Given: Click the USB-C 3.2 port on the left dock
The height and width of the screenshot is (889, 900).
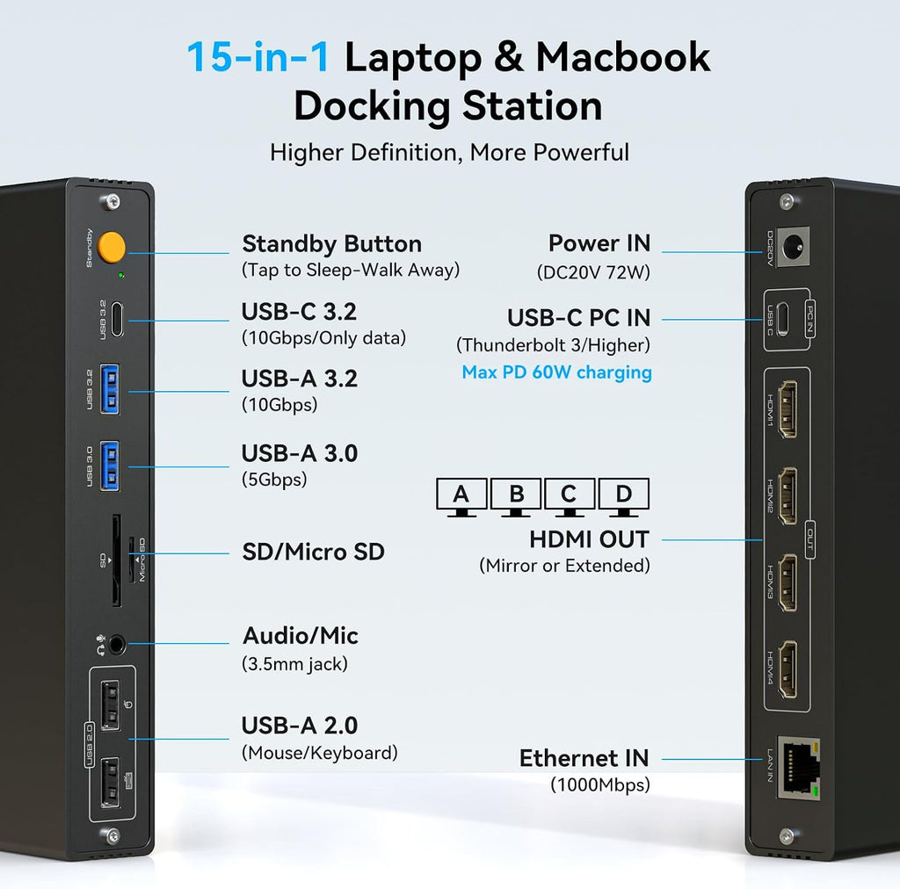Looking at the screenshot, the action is pyautogui.click(x=117, y=320).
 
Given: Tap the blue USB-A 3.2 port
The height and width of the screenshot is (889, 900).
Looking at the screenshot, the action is pyautogui.click(x=110, y=389).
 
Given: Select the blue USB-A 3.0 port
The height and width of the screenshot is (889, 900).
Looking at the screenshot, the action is pyautogui.click(x=110, y=466).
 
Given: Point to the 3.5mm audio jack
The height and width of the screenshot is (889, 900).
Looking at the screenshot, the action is pyautogui.click(x=117, y=646).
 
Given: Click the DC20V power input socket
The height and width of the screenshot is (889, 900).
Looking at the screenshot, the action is pyautogui.click(x=795, y=246).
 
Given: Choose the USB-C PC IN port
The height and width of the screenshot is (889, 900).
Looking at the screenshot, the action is pyautogui.click(x=782, y=319).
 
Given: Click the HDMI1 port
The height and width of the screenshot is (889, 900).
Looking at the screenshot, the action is pyautogui.click(x=787, y=409).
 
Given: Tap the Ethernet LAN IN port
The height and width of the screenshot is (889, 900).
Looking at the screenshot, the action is pyautogui.click(x=798, y=768).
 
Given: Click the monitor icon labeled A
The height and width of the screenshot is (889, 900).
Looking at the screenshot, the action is pyautogui.click(x=461, y=497).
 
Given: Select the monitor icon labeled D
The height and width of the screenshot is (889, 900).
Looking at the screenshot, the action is pyautogui.click(x=624, y=497).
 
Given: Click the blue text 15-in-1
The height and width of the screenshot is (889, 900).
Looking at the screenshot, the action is pyautogui.click(x=258, y=57).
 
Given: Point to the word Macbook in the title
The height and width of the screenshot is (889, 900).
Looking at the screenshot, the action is pyautogui.click(x=623, y=57).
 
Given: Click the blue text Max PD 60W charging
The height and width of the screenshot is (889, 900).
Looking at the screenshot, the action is pyautogui.click(x=556, y=372).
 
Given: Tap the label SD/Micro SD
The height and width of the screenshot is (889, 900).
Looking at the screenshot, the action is pyautogui.click(x=314, y=552).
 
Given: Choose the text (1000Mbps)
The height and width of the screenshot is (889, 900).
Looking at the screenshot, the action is pyautogui.click(x=599, y=784).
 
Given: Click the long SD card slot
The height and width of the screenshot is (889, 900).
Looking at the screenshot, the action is pyautogui.click(x=116, y=560).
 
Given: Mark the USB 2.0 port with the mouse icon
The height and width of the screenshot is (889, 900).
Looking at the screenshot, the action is pyautogui.click(x=111, y=705).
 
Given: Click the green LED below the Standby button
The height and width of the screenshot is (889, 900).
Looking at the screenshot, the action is pyautogui.click(x=120, y=275).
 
